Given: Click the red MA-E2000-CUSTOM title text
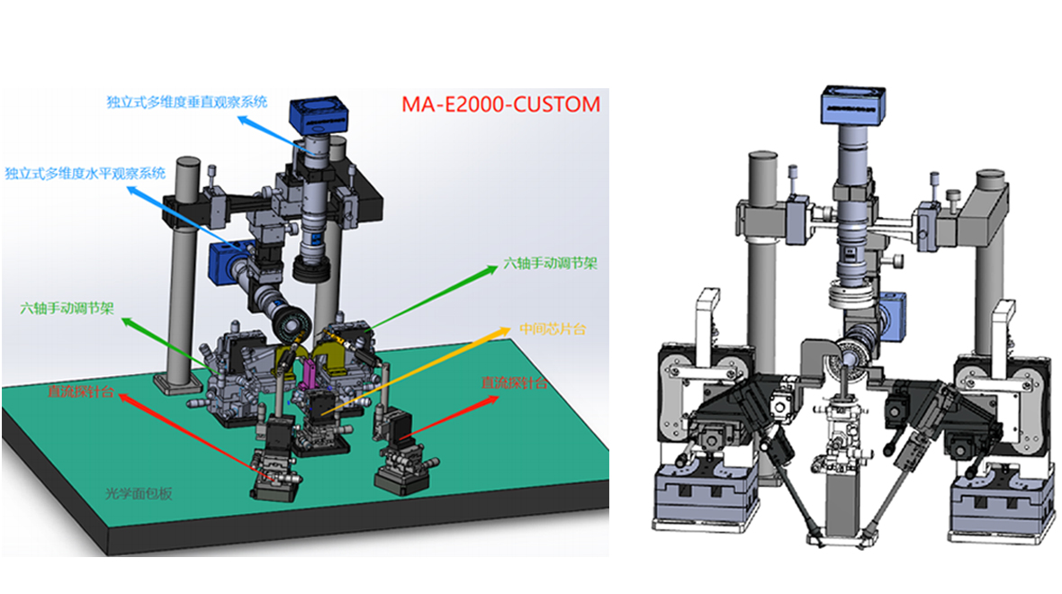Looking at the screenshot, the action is [x=500, y=104].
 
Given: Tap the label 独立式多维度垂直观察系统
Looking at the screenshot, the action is [x=187, y=103].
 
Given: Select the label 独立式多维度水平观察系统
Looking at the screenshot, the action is [x=85, y=174].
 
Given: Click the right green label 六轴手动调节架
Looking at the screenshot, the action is [x=550, y=264].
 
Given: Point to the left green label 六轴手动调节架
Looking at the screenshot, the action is [x=67, y=308].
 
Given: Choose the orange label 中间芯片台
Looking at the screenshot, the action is [x=553, y=329].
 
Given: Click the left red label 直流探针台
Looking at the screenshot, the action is [x=81, y=391].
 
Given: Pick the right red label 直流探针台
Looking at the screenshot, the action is [x=514, y=382].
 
